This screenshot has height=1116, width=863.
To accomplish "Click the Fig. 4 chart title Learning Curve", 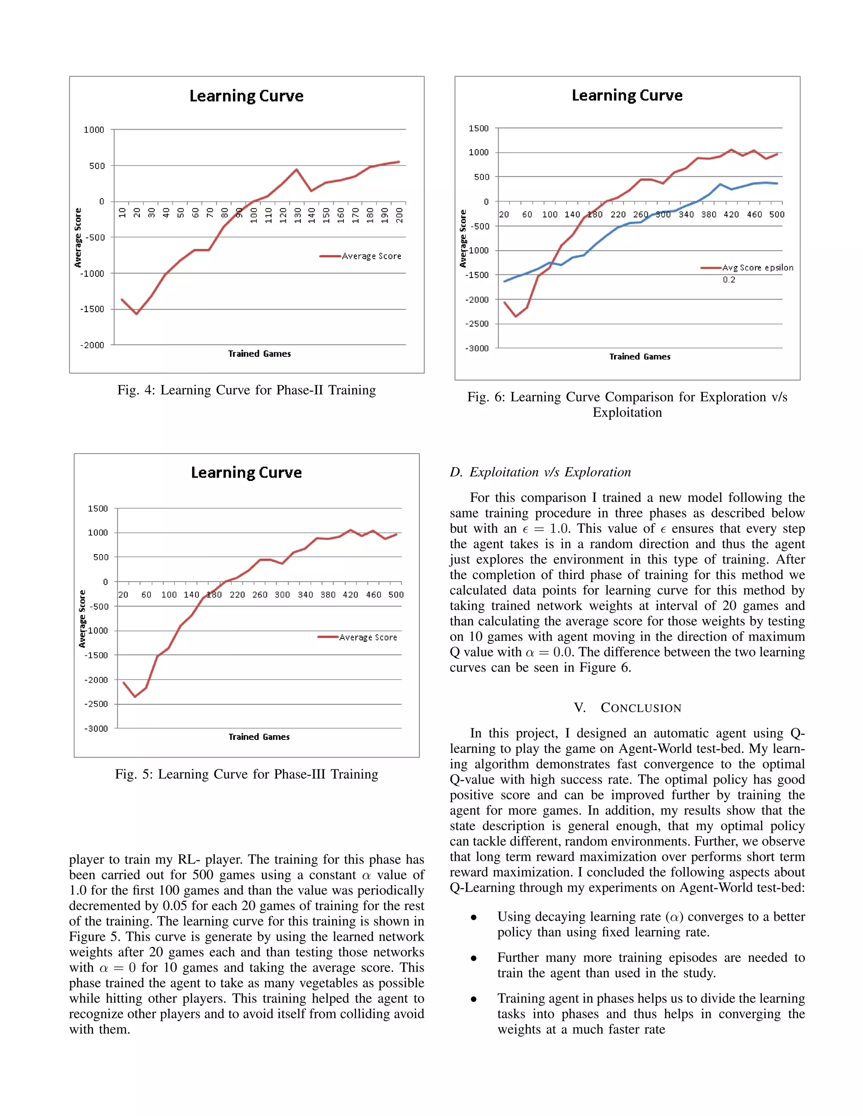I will [247, 96].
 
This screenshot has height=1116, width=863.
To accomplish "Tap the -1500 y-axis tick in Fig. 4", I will [92, 309].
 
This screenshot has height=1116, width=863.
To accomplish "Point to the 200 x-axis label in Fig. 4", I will [399, 215].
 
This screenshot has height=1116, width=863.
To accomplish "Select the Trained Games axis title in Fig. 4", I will [259, 354].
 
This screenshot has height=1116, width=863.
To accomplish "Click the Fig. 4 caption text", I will [247, 390].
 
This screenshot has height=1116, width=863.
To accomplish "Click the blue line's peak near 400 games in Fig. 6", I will [720, 184].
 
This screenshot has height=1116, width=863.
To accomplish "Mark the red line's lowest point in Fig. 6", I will [515, 316].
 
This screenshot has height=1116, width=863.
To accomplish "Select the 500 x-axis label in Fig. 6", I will [777, 215].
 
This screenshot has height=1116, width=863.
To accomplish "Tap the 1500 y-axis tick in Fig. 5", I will [98, 508].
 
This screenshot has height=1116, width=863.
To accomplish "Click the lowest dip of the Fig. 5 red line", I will [135, 697].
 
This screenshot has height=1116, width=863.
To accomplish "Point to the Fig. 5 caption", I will [247, 774].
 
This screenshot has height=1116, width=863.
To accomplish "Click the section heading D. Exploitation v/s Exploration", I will [540, 472].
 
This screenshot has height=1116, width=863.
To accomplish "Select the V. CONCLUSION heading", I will [627, 708].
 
